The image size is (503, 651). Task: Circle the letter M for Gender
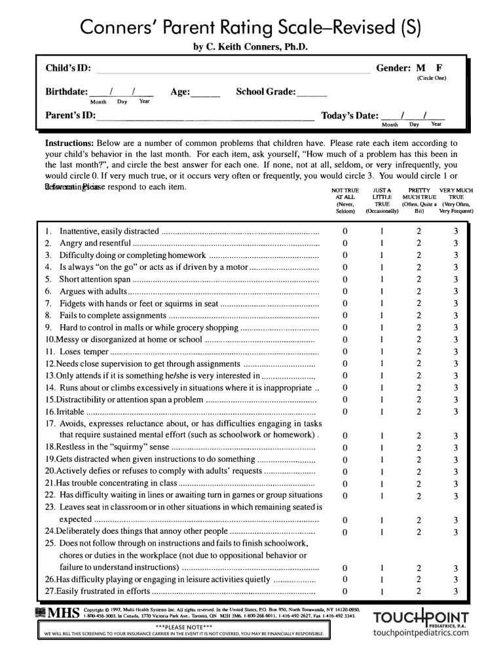[x=421, y=68]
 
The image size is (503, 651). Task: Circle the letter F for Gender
[x=439, y=68]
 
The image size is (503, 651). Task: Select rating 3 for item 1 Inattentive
[x=456, y=231]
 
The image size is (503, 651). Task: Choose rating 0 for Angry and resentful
[x=345, y=243]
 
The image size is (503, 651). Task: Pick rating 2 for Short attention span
[x=419, y=279]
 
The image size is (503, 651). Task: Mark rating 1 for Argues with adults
[x=382, y=291]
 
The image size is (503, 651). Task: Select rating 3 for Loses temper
[x=456, y=351]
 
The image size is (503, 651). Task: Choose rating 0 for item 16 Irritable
[x=345, y=411]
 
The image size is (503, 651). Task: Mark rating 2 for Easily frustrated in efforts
[x=419, y=592]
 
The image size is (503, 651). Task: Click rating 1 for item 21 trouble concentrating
[x=382, y=483]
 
